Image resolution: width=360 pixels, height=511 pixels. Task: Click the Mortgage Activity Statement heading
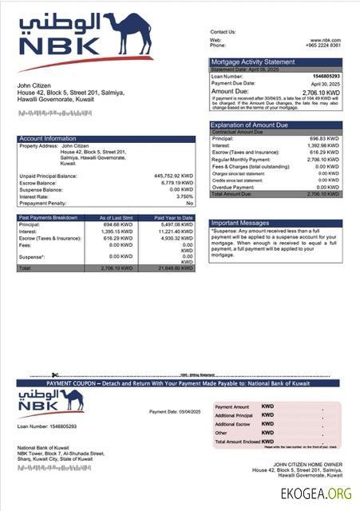click(x=253, y=61)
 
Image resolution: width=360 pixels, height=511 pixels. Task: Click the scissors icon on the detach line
click(x=55, y=374)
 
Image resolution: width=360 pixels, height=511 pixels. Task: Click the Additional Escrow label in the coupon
click(x=232, y=424)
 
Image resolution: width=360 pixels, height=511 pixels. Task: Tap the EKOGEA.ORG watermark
click(x=315, y=494)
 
